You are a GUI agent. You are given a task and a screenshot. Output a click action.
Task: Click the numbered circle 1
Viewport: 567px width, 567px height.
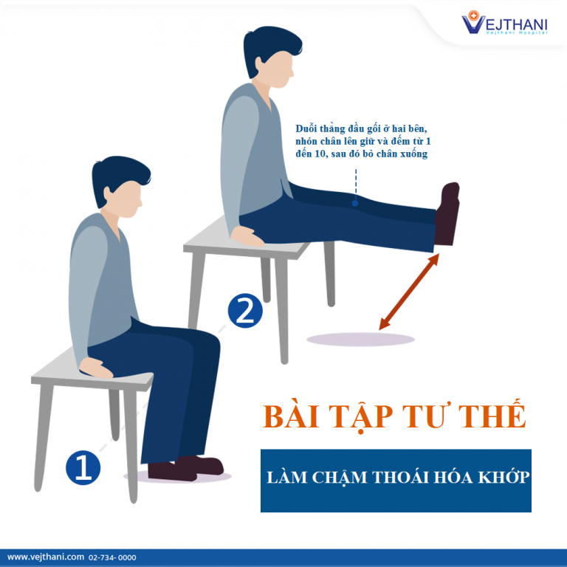coord(83,467)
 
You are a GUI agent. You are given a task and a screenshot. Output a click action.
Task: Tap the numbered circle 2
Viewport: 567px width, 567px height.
coord(245,311)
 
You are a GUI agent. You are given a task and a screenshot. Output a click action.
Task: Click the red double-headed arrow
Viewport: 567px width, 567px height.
coord(409,292)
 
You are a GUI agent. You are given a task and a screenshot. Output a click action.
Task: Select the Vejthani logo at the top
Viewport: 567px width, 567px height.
coord(504,22)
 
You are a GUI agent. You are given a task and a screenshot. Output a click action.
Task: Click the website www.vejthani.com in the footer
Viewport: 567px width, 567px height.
coord(46,557)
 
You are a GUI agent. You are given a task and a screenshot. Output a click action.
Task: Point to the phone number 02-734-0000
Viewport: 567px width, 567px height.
coord(112,557)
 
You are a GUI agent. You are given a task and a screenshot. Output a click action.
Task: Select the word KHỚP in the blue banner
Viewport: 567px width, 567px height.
coord(504,478)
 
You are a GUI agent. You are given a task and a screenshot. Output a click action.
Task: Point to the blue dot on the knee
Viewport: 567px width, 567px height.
coord(355,203)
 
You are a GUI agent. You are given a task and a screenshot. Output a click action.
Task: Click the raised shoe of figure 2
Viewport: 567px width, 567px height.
coord(447,213)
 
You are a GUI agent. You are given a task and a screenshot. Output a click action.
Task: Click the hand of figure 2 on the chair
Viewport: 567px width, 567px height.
coord(248,237)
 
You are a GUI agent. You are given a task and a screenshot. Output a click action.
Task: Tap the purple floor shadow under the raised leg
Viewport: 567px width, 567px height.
coord(360,340)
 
